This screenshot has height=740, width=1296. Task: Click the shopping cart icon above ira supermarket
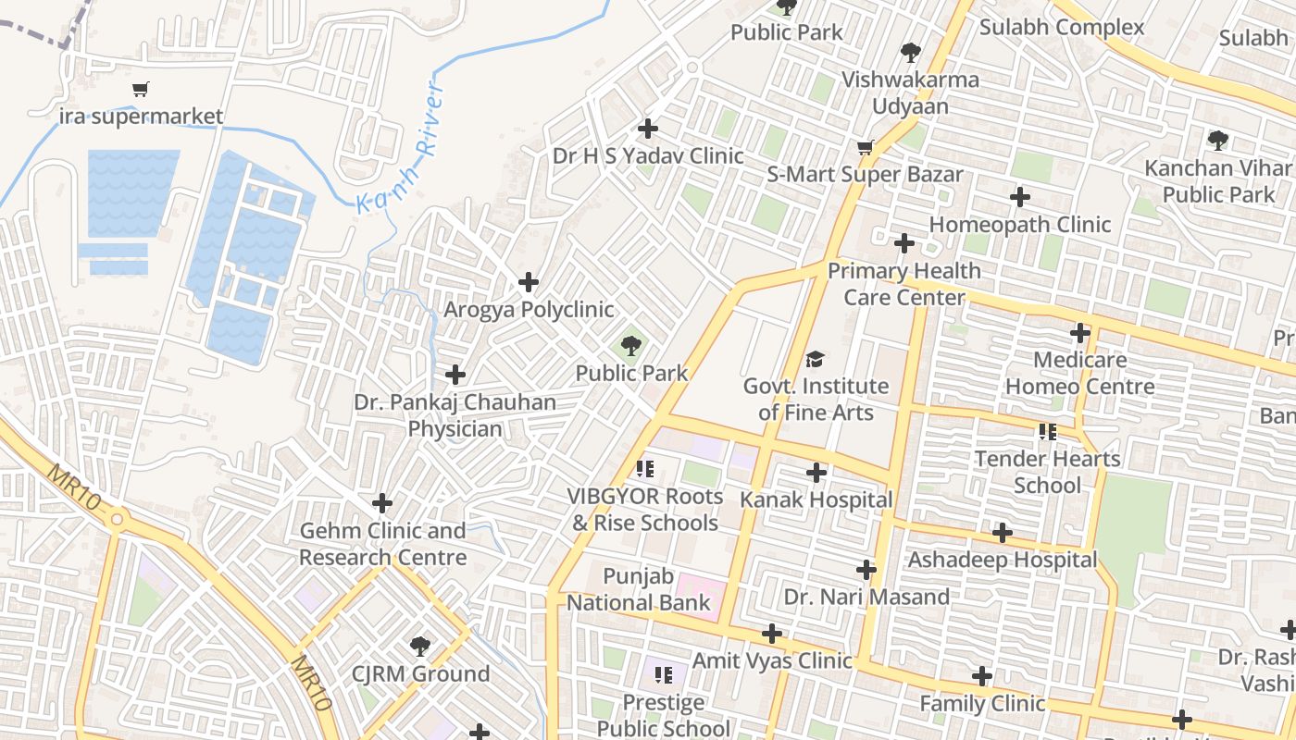point(140,90)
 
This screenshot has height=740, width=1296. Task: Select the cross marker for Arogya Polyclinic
point(529,282)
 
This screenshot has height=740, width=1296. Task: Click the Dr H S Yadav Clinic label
point(648,155)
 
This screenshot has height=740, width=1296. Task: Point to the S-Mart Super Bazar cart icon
point(866,147)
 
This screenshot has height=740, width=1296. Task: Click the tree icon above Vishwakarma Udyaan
point(911,52)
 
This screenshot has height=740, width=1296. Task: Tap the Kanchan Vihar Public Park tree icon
point(1218,141)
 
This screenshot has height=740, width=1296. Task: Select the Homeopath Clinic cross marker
point(1020,197)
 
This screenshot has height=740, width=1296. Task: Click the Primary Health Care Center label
point(903,284)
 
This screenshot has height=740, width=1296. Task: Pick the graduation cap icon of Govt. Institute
point(815,359)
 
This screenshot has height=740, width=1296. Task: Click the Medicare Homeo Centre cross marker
point(1080,333)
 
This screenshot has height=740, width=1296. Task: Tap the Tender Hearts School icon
point(1048,431)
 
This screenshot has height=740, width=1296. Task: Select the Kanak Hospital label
point(816,500)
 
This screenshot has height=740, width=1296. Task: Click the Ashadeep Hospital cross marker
point(1003,533)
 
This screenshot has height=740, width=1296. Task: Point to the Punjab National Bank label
point(639,590)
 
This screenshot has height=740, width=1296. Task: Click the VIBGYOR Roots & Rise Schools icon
point(645,469)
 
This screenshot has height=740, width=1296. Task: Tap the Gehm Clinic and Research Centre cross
point(382,503)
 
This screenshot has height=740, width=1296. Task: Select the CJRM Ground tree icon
point(420,646)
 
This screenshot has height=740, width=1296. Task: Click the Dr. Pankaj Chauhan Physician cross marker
point(455,375)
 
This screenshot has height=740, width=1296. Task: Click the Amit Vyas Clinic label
point(771,660)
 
